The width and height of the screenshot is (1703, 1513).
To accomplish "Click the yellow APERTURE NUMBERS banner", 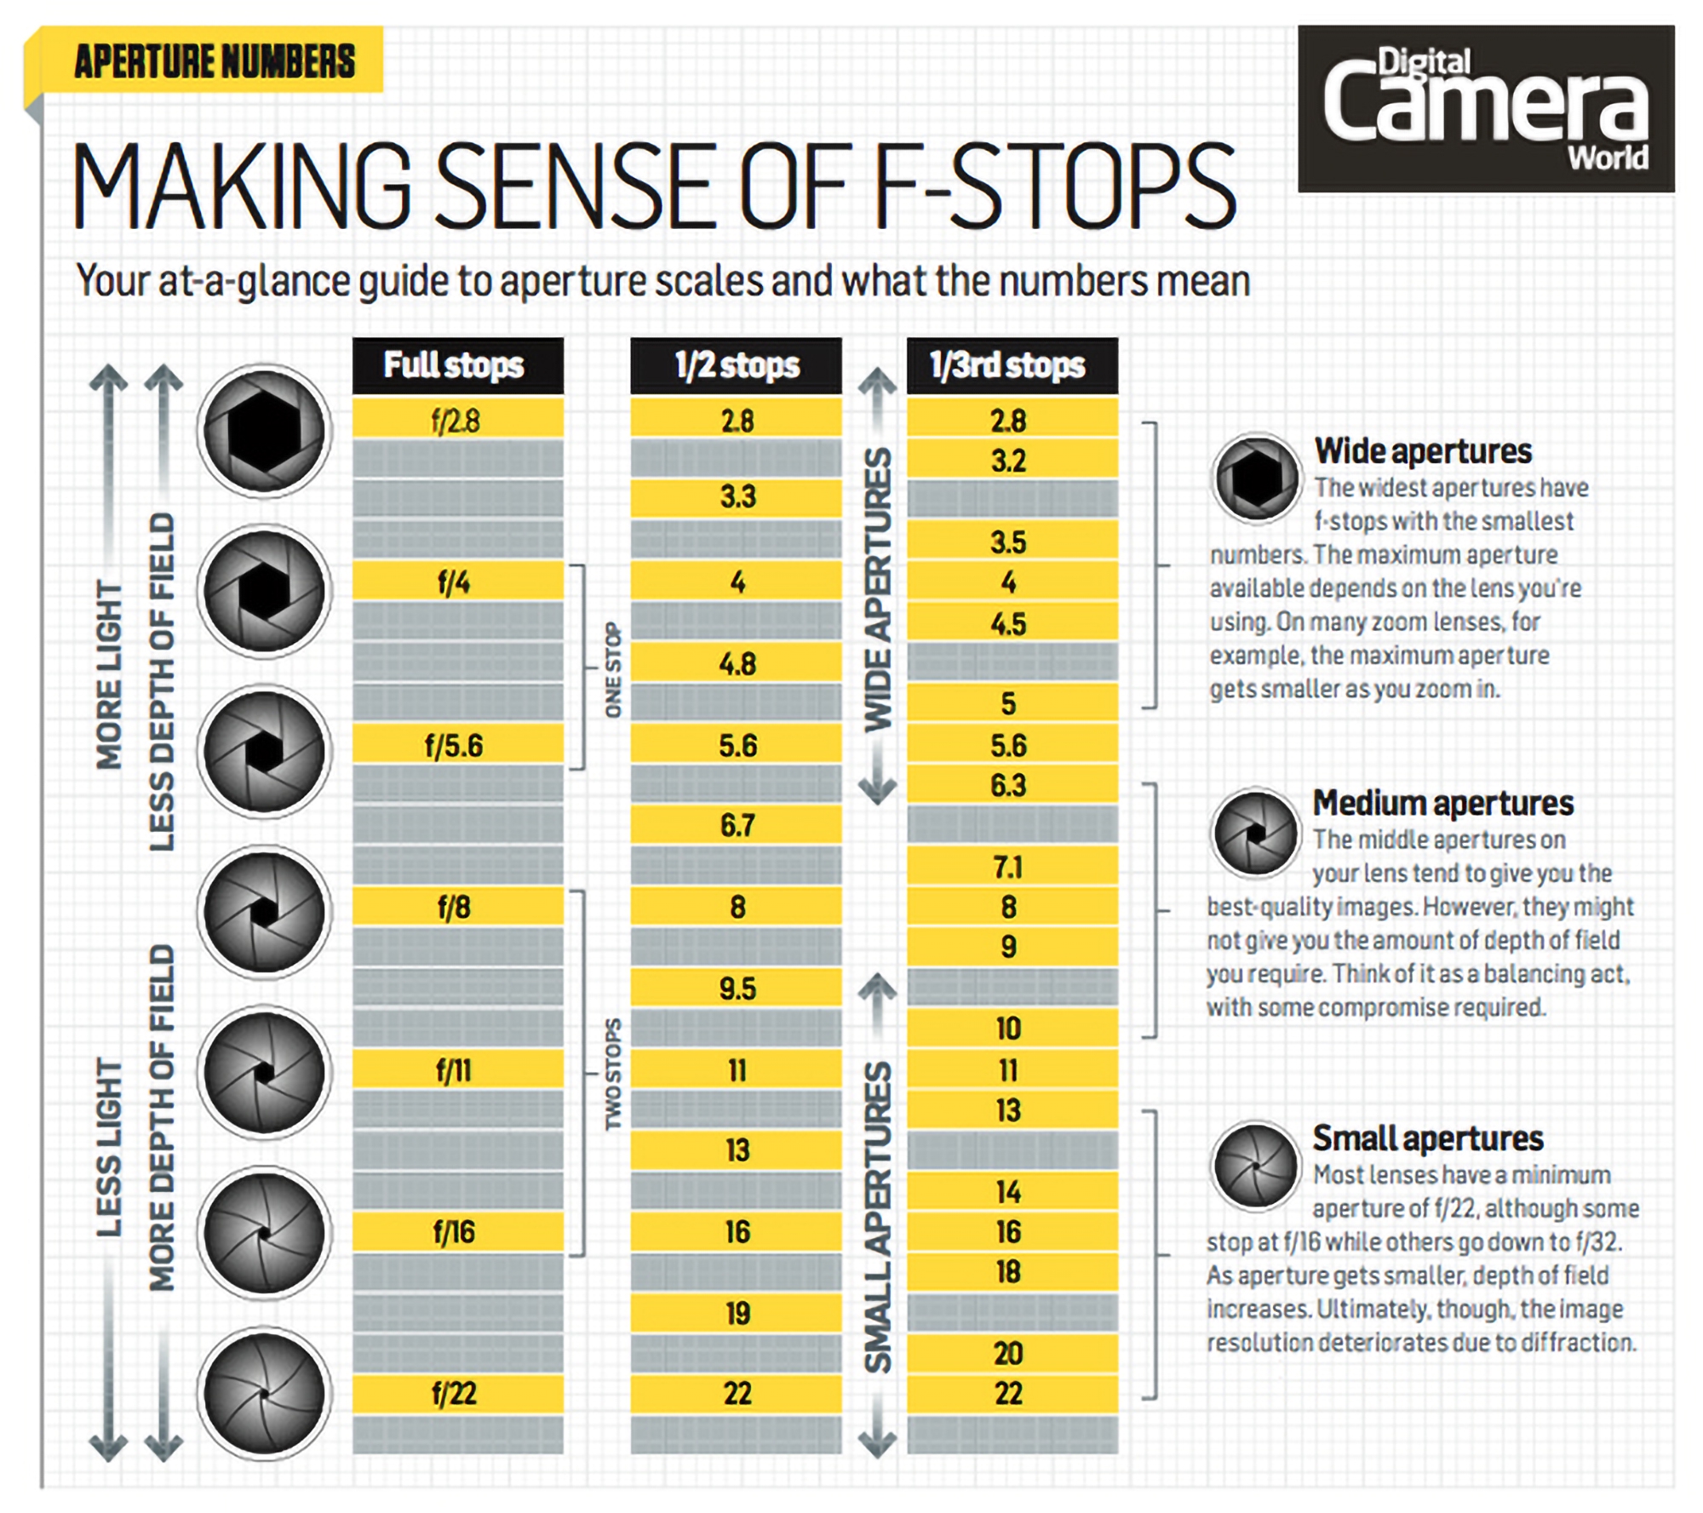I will (x=213, y=60).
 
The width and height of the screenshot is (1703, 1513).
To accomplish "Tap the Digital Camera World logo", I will (x=1485, y=108).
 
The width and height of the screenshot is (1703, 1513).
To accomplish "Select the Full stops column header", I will (x=457, y=365).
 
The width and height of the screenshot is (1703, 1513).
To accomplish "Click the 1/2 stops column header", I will (x=736, y=365).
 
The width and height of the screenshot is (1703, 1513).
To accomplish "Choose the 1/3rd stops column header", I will (x=1011, y=365).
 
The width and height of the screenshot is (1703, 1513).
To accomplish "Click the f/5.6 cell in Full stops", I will (x=457, y=745).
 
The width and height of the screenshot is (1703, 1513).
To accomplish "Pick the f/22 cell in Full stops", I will (x=457, y=1394).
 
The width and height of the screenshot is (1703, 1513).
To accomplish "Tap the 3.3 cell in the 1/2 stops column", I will (x=736, y=496).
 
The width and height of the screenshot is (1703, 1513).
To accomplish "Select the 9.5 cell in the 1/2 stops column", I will (x=736, y=988).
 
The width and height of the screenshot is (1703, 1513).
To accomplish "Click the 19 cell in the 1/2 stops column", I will (x=736, y=1313).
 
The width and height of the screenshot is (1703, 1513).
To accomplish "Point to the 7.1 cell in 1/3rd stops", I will (x=1011, y=867).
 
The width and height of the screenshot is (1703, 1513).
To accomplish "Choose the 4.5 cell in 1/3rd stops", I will (x=1011, y=623).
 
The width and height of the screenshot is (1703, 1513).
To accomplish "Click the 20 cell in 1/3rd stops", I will (x=1011, y=1353).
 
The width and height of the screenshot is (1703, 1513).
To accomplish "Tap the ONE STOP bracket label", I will (x=613, y=669).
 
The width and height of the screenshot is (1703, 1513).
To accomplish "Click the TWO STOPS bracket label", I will (x=613, y=1074).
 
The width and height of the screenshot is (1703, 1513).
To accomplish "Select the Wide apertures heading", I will (x=1422, y=451).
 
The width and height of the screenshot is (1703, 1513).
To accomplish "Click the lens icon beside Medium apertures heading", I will (x=1255, y=833).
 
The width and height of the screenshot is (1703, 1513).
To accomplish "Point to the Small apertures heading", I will (x=1427, y=1138).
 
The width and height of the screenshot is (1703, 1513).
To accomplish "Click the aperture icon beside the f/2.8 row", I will (x=264, y=430).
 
